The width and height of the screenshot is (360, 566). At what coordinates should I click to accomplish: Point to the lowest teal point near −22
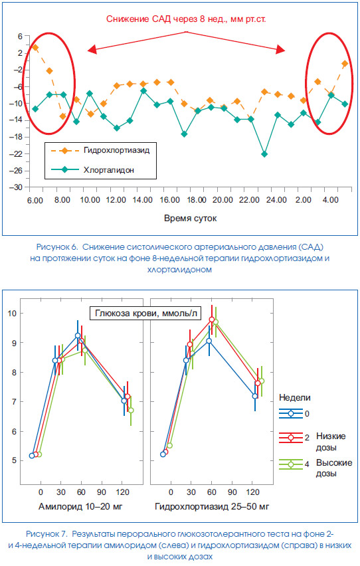tap(264, 154)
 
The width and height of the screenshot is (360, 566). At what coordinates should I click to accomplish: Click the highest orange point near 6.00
tap(35, 47)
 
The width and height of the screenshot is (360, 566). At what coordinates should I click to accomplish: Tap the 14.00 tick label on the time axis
tap(143, 201)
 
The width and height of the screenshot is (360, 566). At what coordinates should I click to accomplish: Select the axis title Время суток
tap(190, 219)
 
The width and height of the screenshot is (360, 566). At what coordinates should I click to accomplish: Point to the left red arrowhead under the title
tap(92, 49)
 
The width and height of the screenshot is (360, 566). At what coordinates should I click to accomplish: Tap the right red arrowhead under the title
tap(281, 49)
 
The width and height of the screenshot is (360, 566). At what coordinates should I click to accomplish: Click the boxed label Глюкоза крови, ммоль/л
tap(145, 313)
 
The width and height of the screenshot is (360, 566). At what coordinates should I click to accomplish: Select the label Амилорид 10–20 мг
tap(80, 506)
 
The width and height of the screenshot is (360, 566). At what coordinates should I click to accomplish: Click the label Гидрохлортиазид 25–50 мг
tap(212, 506)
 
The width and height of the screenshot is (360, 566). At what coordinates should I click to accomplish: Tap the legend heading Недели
tap(295, 397)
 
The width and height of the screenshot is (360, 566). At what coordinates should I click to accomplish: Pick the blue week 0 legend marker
tap(291, 414)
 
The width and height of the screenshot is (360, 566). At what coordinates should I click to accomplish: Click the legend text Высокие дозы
tap(334, 468)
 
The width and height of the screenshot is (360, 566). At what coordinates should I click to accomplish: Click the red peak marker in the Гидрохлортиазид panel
tap(212, 320)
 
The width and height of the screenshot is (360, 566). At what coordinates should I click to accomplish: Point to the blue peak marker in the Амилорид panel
tap(78, 335)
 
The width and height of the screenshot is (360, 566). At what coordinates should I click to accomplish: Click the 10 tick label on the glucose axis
tap(12, 313)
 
